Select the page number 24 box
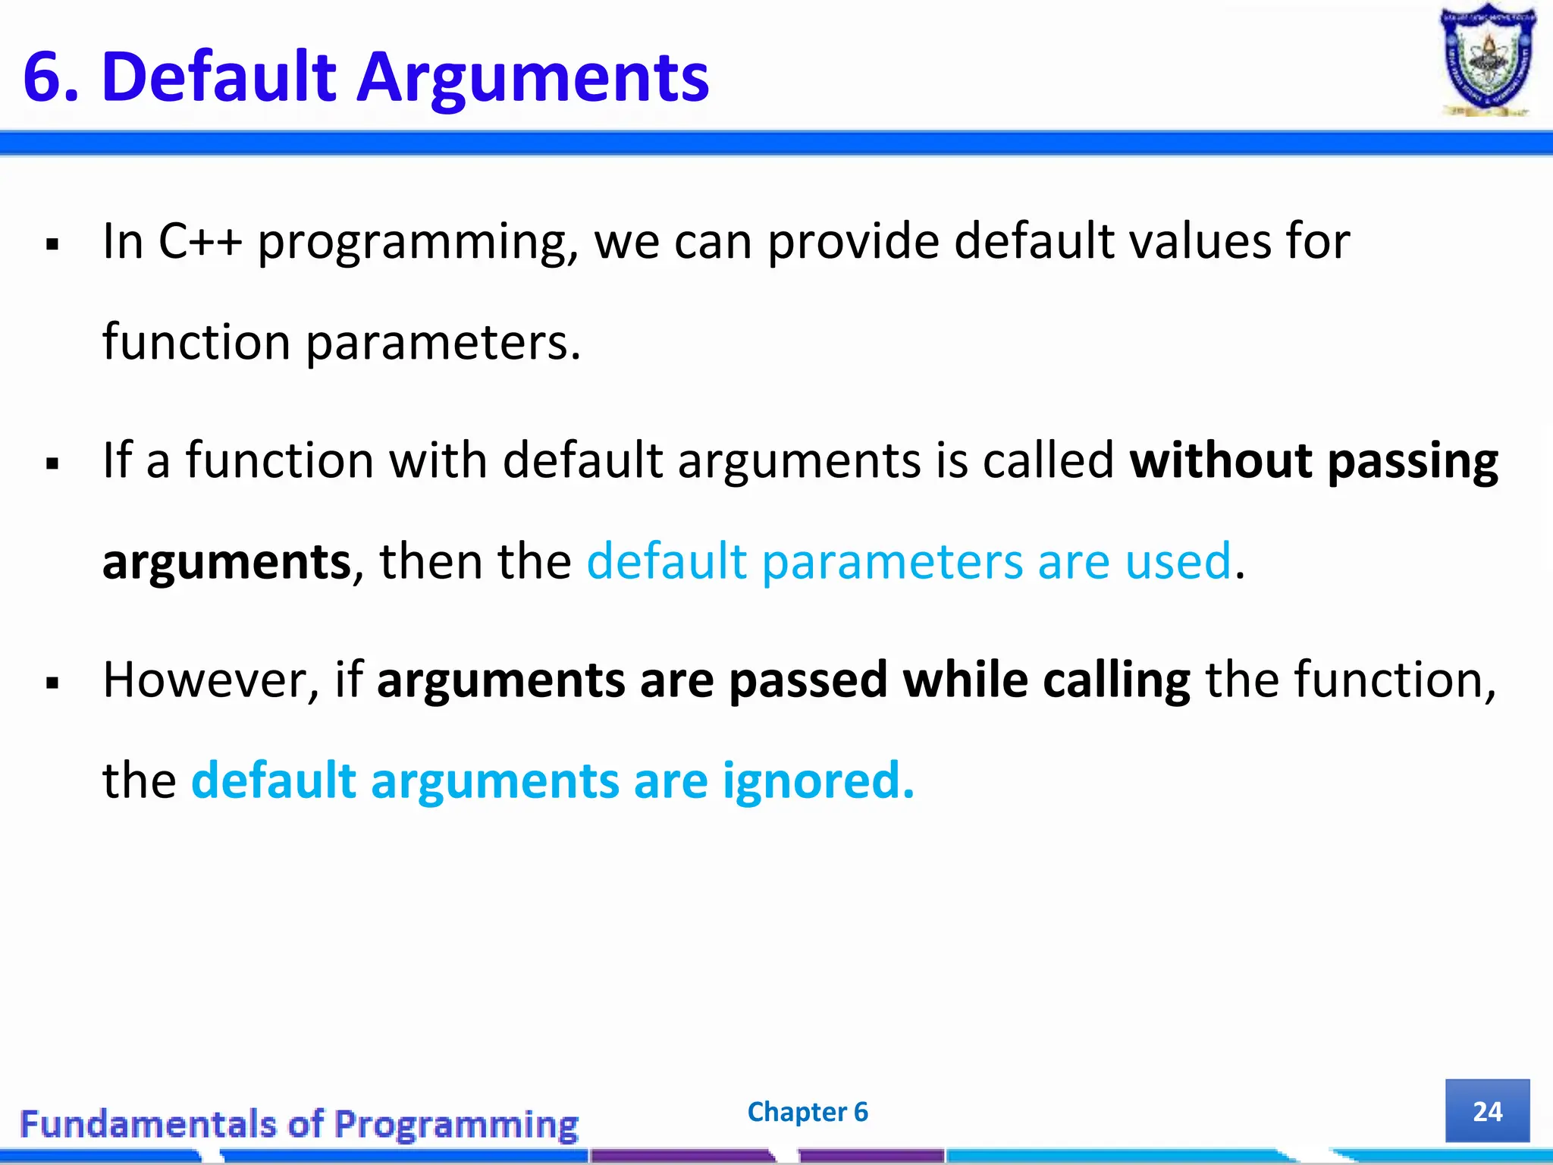point(1487,1111)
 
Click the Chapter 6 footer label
point(808,1112)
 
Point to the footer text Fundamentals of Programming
point(300,1124)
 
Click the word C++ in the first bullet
point(200,241)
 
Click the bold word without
point(1221,460)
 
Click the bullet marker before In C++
point(52,245)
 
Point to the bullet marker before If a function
point(52,463)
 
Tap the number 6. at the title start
point(51,77)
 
